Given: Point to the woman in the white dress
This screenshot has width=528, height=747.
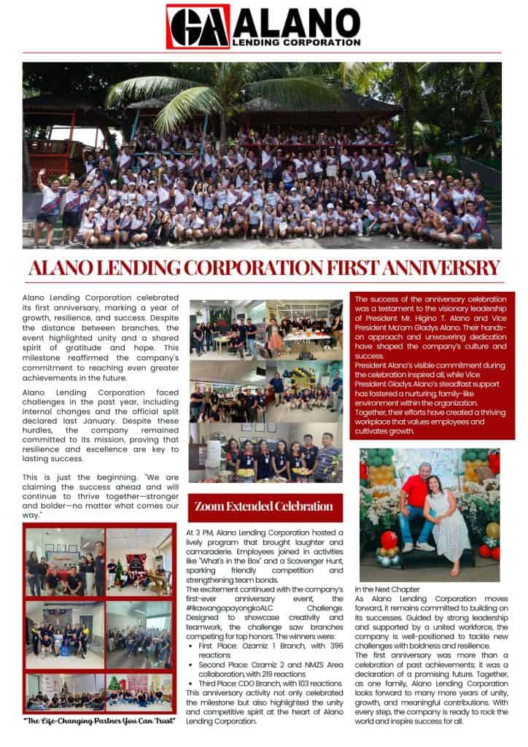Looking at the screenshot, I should tap(449, 518).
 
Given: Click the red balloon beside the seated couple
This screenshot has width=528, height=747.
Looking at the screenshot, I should tap(389, 541).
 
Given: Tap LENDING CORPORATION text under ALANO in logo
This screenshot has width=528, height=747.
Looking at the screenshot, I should tap(307, 42).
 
